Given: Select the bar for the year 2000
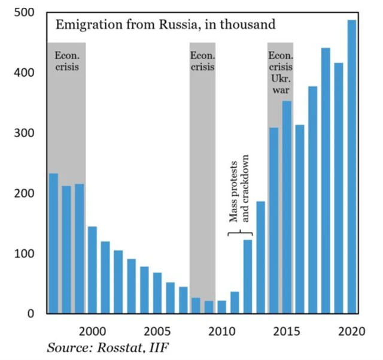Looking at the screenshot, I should [92, 270].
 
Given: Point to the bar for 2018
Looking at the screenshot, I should [326, 180].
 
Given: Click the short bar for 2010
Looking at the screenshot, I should [221, 307].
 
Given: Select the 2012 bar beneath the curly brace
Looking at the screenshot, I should [248, 276].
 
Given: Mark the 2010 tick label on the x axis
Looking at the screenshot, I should [221, 330].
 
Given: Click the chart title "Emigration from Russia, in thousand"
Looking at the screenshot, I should [165, 25].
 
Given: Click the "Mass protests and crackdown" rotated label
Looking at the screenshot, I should [239, 190].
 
